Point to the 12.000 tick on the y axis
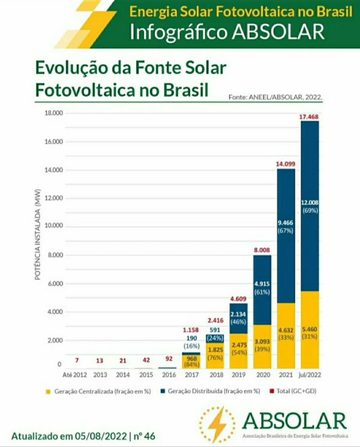pos(54,198)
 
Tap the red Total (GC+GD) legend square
pos(272,391)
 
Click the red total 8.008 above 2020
pos(262,250)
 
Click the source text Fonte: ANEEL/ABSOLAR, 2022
pos(276,97)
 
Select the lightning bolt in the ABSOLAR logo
pos(217,424)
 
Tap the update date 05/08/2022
pos(101,436)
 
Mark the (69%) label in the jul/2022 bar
pos(309,210)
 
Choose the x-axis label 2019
pos(238,375)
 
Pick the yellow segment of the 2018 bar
pos(215,356)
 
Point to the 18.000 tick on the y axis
pos(54,113)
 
